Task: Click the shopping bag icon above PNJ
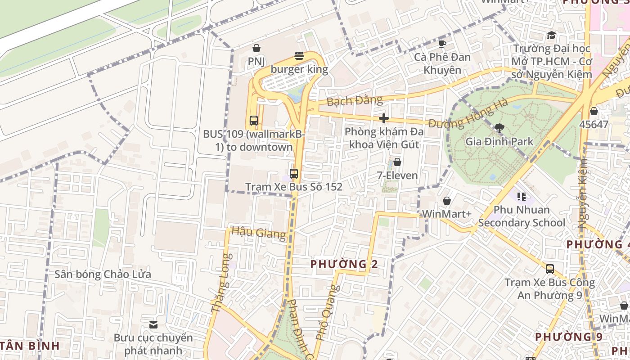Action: point(256,48)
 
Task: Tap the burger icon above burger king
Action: point(299,56)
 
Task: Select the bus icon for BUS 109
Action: point(254,121)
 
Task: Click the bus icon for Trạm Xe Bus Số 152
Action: point(294,173)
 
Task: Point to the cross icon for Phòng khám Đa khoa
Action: point(384,118)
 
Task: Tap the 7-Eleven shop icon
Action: point(397,162)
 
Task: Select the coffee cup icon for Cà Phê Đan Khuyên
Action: point(442,44)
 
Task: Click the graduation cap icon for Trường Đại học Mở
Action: point(551,35)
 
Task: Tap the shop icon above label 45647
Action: point(594,111)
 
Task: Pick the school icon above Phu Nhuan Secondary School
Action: point(522,196)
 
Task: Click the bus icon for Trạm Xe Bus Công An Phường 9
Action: point(550,269)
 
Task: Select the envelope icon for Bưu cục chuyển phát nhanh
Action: point(153,324)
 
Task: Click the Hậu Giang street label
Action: point(258,233)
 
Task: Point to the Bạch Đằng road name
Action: point(355,100)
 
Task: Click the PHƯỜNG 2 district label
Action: point(344,264)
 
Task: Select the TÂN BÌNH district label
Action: point(30,346)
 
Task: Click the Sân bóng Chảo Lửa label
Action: point(103,274)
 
